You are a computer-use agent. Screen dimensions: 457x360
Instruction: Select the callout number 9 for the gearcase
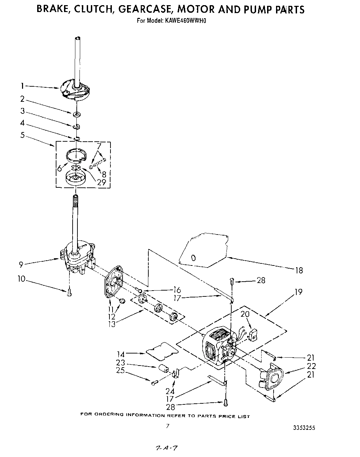click(21, 264)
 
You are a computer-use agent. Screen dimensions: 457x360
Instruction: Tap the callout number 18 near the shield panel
click(299, 270)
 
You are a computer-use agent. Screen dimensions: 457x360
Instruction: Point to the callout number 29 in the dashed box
click(102, 182)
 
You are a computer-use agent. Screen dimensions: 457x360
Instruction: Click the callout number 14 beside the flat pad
click(121, 353)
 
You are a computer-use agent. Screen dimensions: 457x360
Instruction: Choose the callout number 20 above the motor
click(245, 314)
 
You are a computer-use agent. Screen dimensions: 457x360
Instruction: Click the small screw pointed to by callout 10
click(69, 292)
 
